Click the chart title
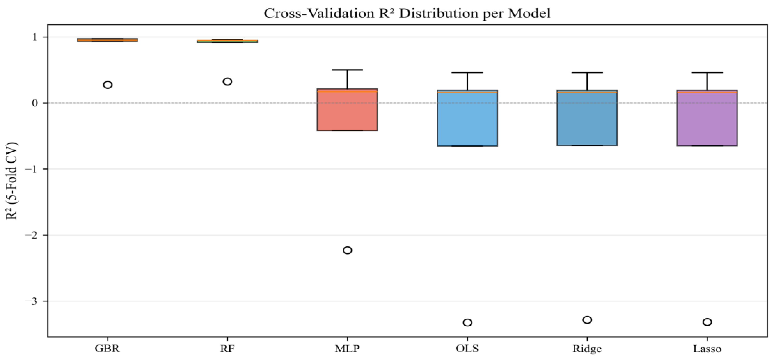(x=407, y=13)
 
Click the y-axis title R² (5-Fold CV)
(x=12, y=181)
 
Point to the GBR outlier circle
(x=108, y=85)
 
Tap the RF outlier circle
(x=227, y=81)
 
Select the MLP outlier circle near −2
(x=347, y=250)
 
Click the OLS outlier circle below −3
(x=468, y=322)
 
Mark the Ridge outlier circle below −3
(x=587, y=320)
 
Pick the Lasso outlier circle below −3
(x=707, y=322)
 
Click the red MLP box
(x=347, y=110)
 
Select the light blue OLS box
(x=468, y=118)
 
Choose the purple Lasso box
(x=707, y=118)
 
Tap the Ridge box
(x=587, y=118)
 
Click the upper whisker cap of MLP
(x=347, y=70)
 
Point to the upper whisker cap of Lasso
(x=707, y=73)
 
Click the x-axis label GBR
(x=107, y=349)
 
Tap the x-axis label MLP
(x=347, y=349)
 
